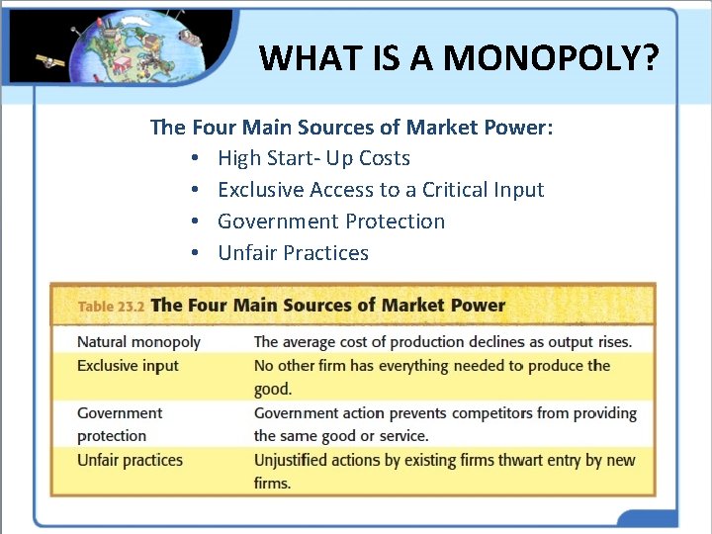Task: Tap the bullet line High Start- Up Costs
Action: (313, 158)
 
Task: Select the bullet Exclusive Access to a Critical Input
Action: (381, 190)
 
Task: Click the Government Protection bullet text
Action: (331, 222)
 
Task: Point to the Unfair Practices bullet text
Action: (293, 253)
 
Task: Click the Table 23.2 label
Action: (111, 307)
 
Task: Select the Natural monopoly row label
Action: (138, 342)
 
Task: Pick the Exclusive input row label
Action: (128, 366)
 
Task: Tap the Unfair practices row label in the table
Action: (130, 460)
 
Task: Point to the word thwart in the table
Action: (523, 460)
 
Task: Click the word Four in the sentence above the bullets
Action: (209, 127)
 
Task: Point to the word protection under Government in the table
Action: (112, 436)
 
